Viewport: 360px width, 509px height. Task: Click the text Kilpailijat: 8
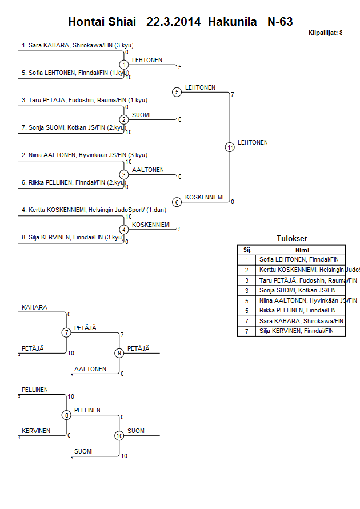tap(325, 33)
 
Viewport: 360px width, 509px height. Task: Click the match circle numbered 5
tap(177, 92)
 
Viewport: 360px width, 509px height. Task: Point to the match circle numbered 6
tap(177, 202)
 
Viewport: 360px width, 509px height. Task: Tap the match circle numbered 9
tap(119, 353)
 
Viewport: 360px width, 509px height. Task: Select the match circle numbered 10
tap(119, 435)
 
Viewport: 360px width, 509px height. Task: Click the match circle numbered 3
tap(124, 174)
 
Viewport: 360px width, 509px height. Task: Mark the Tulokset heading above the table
tap(291, 239)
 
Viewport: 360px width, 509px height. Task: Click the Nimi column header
tap(302, 249)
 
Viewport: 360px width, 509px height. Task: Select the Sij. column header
tap(247, 249)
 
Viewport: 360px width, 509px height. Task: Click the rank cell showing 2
tap(247, 270)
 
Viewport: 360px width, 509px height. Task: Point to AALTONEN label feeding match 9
tap(90, 369)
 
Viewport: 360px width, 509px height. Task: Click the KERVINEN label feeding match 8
tap(36, 431)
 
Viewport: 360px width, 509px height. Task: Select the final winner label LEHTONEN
tap(253, 142)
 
